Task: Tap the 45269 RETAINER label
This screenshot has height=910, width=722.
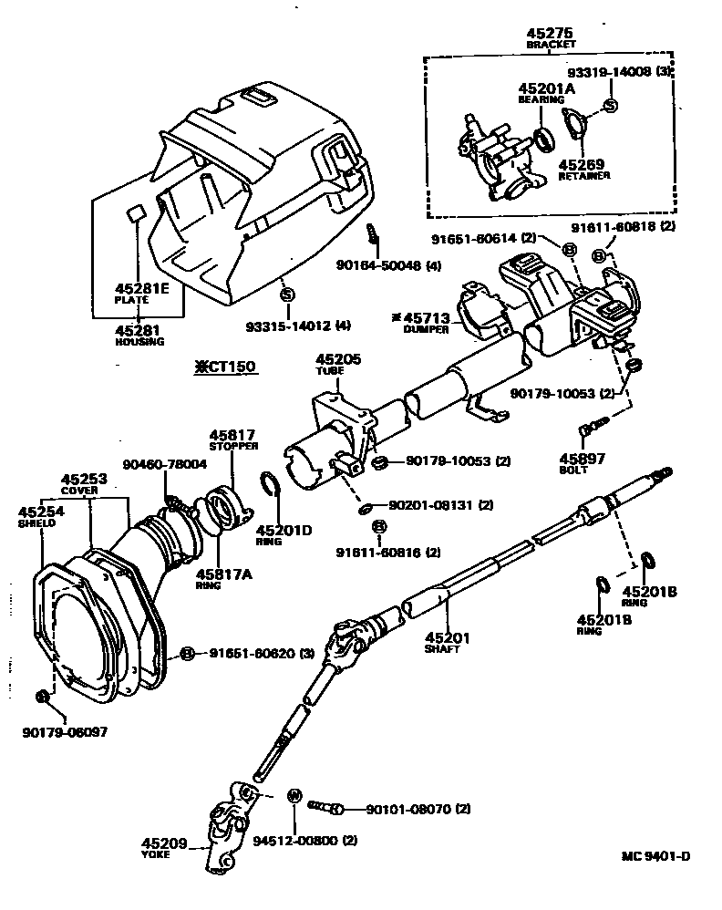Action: tap(583, 170)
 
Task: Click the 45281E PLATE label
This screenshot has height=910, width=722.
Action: tap(142, 292)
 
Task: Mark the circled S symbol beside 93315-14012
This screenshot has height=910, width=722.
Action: tap(287, 294)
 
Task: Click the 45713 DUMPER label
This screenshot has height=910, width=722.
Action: tap(423, 322)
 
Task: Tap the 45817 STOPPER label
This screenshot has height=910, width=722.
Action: tap(232, 440)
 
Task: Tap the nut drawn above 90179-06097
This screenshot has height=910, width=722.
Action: tap(42, 698)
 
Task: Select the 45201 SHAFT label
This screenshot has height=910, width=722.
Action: tap(446, 642)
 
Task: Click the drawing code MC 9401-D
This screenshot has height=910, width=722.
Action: tap(655, 855)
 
